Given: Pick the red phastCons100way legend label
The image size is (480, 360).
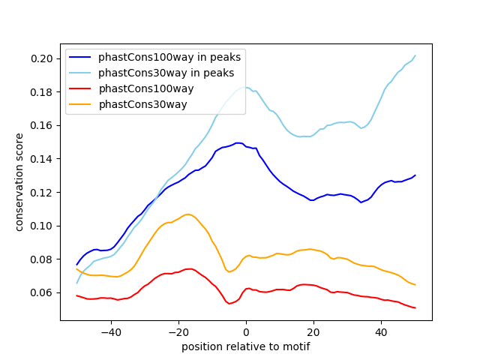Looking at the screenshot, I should (x=146, y=88).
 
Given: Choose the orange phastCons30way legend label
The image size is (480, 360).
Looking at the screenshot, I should (x=142, y=104).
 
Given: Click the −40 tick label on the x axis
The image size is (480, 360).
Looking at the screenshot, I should (x=110, y=331).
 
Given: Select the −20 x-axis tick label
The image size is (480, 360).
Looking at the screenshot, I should (x=178, y=331).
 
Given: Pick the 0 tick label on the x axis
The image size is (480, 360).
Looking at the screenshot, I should (x=246, y=331).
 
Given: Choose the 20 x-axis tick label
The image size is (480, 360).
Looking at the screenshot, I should (x=313, y=331).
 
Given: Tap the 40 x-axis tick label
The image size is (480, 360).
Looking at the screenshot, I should (x=381, y=331).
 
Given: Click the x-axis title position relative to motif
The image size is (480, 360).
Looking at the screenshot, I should (x=246, y=346).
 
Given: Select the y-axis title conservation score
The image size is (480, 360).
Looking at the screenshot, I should (x=19, y=182).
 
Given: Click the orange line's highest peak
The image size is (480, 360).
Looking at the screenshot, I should (x=188, y=214).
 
